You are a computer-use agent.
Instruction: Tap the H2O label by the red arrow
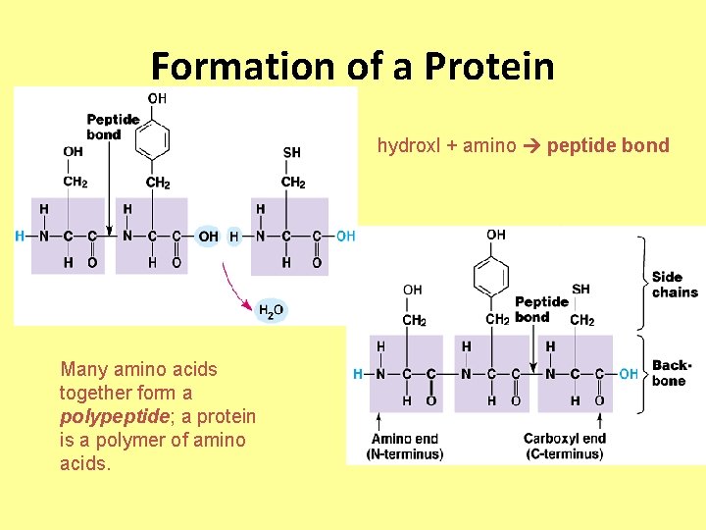pyautogui.click(x=272, y=310)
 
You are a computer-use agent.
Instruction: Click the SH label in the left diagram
pyautogui.click(x=291, y=152)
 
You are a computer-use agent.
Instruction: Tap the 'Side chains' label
pyautogui.click(x=675, y=285)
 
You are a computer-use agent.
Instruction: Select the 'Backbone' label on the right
pyautogui.click(x=672, y=372)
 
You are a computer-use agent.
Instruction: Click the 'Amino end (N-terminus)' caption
pyautogui.click(x=405, y=447)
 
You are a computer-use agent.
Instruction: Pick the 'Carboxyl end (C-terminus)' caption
pyautogui.click(x=564, y=447)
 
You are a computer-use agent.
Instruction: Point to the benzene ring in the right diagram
pyautogui.click(x=490, y=277)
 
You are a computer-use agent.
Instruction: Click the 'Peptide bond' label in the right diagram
pyautogui.click(x=541, y=309)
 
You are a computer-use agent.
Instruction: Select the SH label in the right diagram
pyautogui.click(x=580, y=289)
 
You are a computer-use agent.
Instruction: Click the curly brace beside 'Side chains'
pyautogui.click(x=641, y=282)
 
